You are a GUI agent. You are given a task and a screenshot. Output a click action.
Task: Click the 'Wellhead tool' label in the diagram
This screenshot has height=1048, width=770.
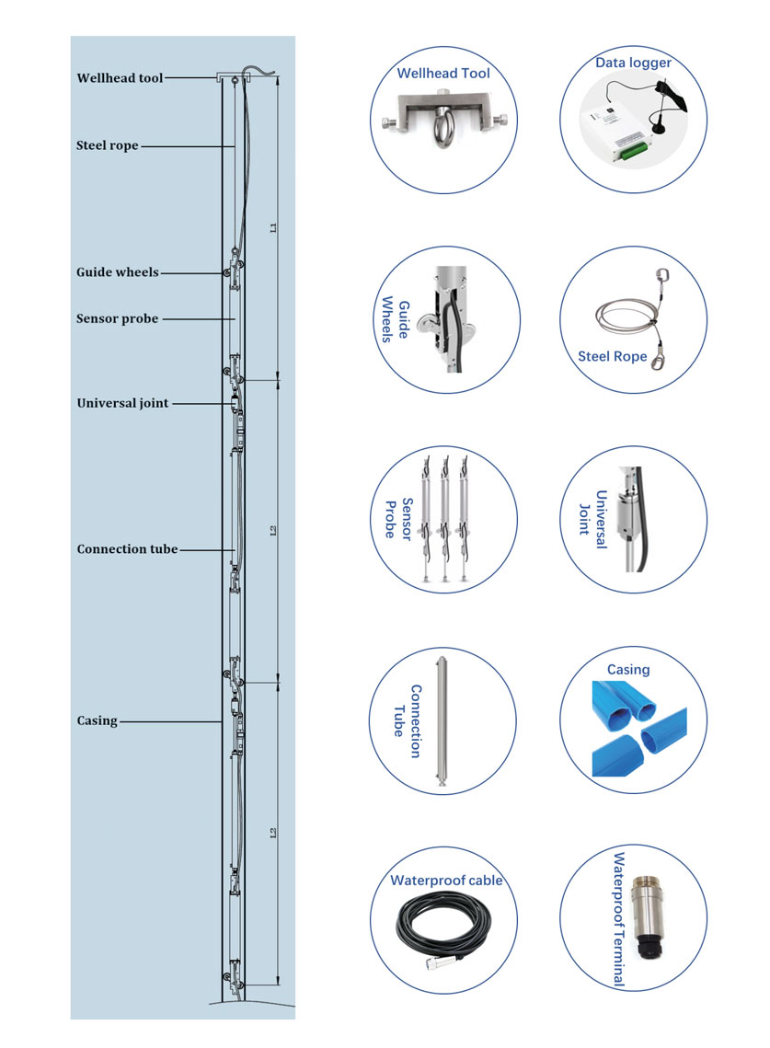(120, 78)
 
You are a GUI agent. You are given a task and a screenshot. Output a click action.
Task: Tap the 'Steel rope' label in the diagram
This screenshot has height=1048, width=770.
(108, 145)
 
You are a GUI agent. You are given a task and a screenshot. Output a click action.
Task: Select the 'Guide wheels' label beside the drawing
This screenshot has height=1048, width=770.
(118, 272)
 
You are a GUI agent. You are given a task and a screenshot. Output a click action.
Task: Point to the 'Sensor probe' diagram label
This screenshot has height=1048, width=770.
(117, 318)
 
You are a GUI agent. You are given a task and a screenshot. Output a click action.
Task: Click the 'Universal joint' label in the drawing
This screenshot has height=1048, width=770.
(122, 403)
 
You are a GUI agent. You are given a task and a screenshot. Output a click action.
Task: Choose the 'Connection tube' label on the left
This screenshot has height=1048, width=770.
(127, 549)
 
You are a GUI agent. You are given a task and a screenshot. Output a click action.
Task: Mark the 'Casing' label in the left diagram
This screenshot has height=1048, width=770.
(97, 720)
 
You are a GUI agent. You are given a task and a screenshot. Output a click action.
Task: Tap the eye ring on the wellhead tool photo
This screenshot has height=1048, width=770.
(443, 119)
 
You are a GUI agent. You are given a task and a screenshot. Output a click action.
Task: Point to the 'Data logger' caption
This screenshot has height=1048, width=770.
(633, 63)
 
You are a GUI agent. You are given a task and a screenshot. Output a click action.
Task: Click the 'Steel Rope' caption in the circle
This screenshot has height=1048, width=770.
(612, 356)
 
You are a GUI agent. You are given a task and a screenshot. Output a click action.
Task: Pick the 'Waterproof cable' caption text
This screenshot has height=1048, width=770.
(446, 881)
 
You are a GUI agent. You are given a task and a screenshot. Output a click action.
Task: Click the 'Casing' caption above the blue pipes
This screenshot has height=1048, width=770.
(628, 669)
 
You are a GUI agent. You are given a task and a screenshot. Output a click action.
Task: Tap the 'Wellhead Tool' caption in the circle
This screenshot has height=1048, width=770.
(443, 74)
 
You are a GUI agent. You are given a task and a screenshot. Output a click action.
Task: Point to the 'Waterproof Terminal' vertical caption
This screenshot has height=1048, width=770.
(619, 919)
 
